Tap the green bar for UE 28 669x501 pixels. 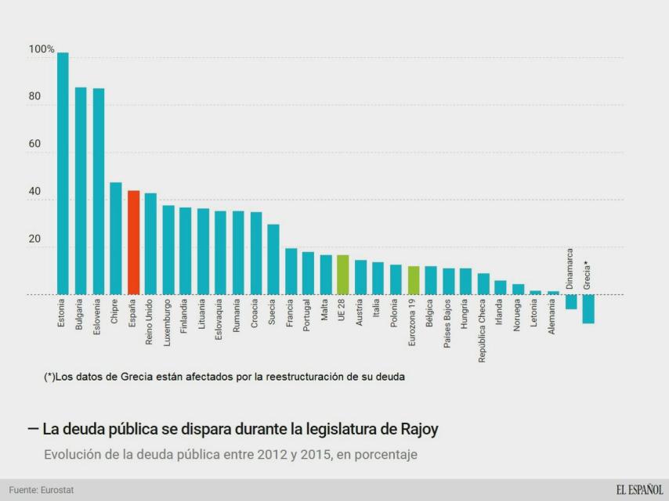pyautogui.click(x=342, y=275)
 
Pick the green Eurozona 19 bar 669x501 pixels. pyautogui.click(x=414, y=280)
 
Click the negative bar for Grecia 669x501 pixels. pyautogui.click(x=588, y=308)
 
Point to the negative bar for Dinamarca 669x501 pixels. pyautogui.click(x=570, y=301)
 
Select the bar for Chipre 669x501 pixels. pyautogui.click(x=116, y=239)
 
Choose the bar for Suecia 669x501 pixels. pyautogui.click(x=273, y=259)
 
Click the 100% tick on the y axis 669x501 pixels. pyautogui.click(x=41, y=49)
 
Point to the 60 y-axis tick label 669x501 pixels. pyautogui.click(x=35, y=145)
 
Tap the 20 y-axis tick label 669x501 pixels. pyautogui.click(x=35, y=240)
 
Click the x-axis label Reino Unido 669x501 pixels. pyautogui.click(x=150, y=322)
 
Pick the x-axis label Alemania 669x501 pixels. pyautogui.click(x=553, y=319)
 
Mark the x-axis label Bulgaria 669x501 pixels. pyautogui.click(x=80, y=315)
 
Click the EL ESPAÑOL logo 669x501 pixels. pyautogui.click(x=638, y=490)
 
